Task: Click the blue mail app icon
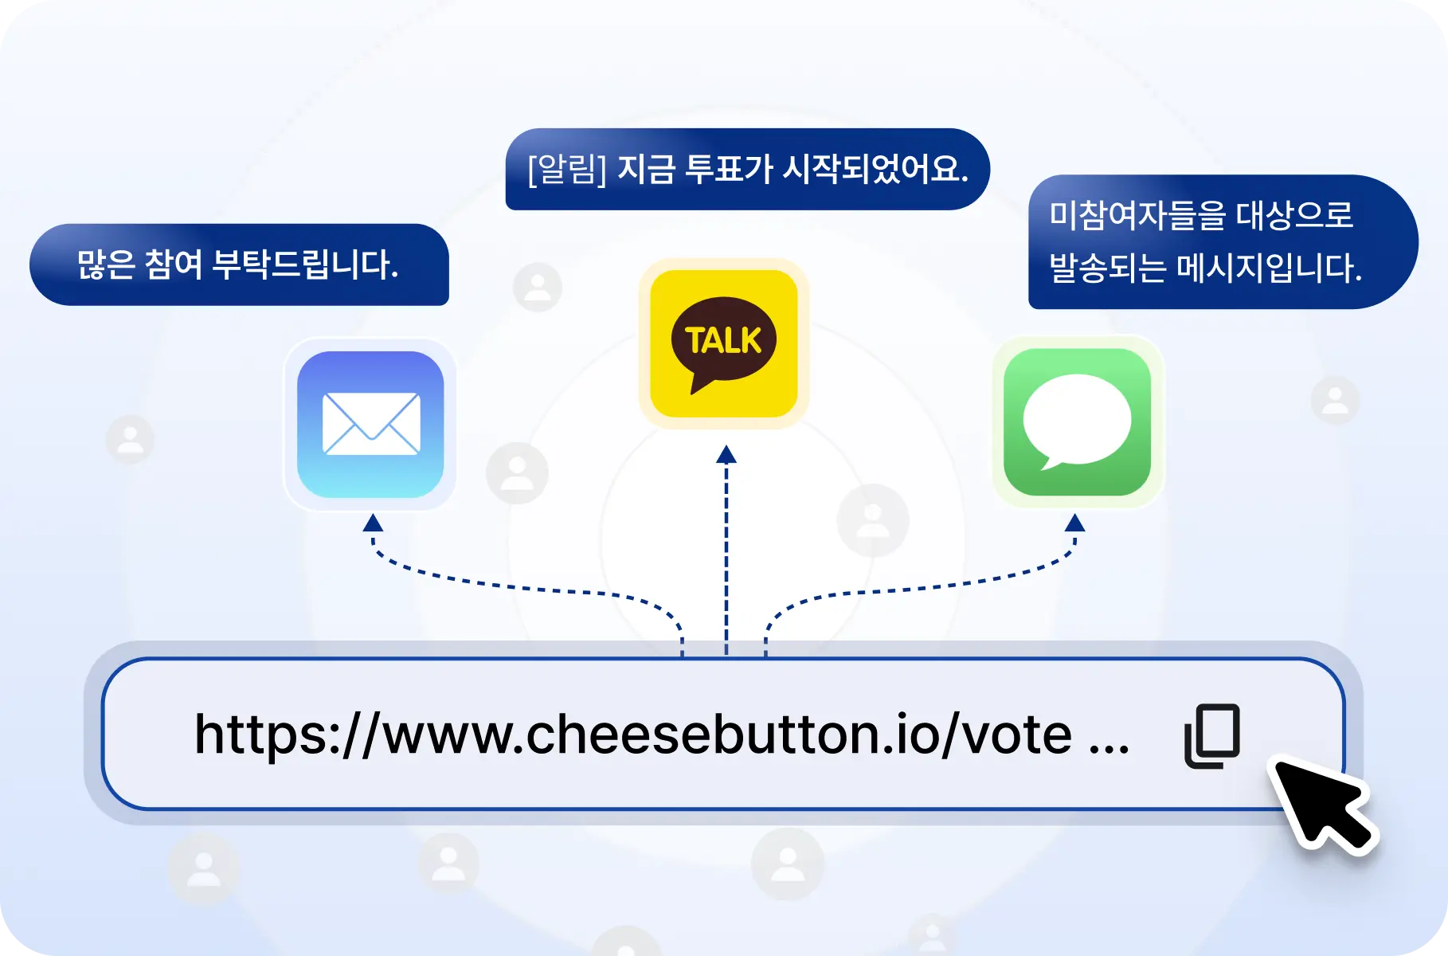point(370,425)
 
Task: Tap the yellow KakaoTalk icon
point(724,343)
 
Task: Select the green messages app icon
point(1077,421)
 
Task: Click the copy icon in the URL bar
point(1212,735)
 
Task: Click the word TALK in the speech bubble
point(723,341)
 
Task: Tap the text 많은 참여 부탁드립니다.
point(237,264)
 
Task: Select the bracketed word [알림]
point(567,169)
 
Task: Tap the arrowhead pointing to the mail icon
point(373,523)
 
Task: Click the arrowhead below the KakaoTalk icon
point(726,454)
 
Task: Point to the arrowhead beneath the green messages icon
point(1074,523)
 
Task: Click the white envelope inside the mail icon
point(371,424)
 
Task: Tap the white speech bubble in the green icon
point(1076,421)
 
